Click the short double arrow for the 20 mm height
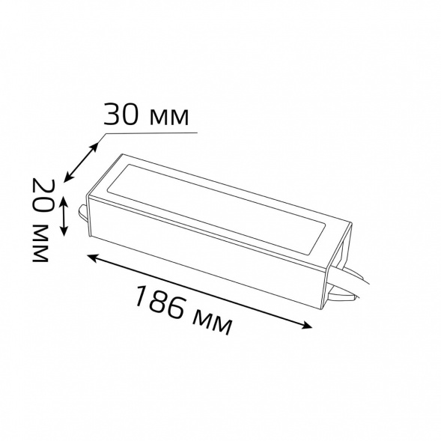[64, 215]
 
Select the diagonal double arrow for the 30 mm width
[82, 158]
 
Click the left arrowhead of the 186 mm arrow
[93, 257]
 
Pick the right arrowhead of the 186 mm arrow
[308, 325]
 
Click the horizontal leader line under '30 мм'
[150, 133]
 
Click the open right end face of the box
[341, 258]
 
